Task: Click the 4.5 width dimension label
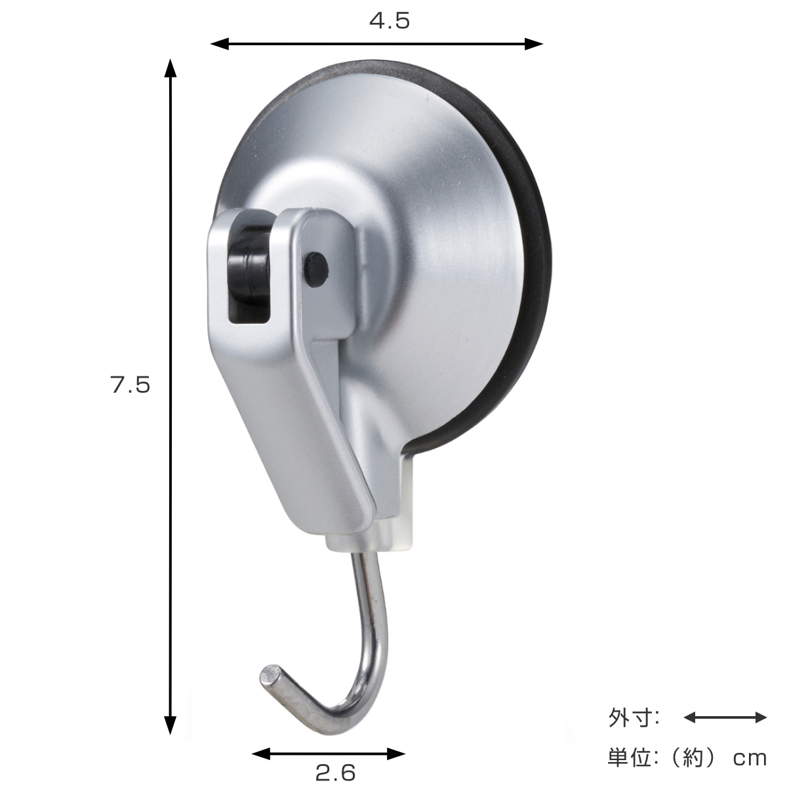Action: (x=389, y=21)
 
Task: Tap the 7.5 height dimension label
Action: (x=131, y=384)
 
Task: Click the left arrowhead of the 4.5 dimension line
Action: (x=220, y=44)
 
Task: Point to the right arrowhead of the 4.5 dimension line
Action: (x=533, y=44)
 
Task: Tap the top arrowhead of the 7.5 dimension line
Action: (x=171, y=68)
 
